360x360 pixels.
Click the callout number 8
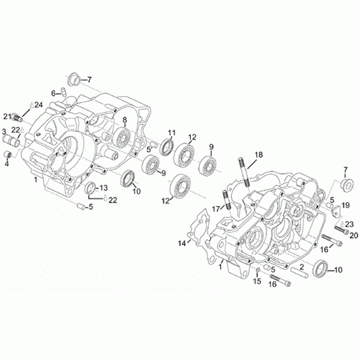[x=124, y=120]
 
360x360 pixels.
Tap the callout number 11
[x=171, y=133]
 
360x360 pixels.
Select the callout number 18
[x=258, y=155]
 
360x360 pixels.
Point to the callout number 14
[x=182, y=243]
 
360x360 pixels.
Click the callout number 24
[x=39, y=105]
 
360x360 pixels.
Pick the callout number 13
[x=103, y=188]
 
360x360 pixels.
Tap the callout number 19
[x=346, y=205]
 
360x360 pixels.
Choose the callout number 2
[x=302, y=267]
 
